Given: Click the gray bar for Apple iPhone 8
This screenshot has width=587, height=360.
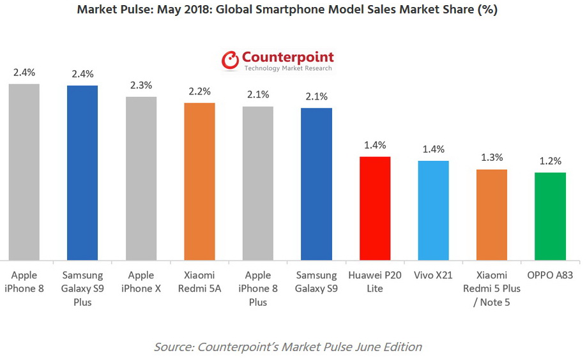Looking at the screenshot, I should click(x=24, y=172).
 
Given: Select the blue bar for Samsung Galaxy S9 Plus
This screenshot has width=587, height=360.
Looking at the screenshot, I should click(x=82, y=173).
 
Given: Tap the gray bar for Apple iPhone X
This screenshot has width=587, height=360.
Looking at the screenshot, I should click(x=141, y=179).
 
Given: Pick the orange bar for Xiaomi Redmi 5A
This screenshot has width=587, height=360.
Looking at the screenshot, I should click(x=199, y=181).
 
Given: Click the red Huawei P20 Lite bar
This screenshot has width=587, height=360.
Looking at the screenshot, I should click(x=375, y=208).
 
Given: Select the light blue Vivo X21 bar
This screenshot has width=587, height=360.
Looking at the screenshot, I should click(x=434, y=210).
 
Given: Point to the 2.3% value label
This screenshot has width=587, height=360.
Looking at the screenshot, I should click(x=141, y=85).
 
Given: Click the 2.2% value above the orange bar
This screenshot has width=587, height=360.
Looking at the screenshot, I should click(x=199, y=91).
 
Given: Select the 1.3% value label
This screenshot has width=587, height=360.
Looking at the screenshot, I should click(x=492, y=158).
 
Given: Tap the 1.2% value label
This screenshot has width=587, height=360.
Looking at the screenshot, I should click(x=550, y=161).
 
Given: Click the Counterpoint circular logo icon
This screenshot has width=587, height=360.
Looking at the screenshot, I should click(x=230, y=61).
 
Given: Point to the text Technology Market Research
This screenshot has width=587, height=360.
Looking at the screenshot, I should click(x=287, y=68).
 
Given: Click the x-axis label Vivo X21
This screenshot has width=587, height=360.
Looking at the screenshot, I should click(x=434, y=276).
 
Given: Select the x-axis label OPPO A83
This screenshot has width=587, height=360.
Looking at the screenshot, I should click(x=550, y=276).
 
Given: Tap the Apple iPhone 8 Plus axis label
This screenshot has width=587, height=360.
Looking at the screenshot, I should click(x=258, y=289).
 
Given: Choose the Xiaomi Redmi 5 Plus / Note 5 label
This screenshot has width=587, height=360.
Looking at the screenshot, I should click(x=492, y=289).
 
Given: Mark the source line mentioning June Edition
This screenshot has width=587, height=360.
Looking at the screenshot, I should click(x=287, y=347).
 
